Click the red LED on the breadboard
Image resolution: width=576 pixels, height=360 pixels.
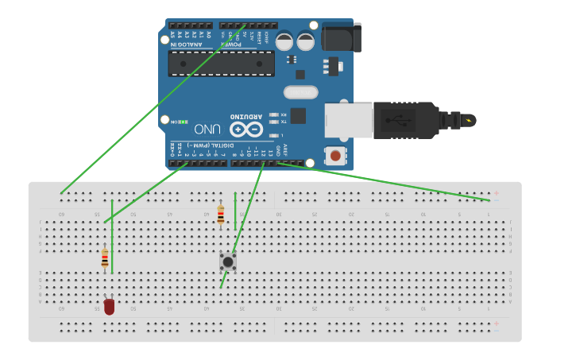109,306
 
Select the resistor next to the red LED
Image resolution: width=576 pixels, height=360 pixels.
105,258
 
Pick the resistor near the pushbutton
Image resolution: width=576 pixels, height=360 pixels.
220,214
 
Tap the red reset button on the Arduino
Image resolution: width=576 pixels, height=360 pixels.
336,156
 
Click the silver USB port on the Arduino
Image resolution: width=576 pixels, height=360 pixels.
348,119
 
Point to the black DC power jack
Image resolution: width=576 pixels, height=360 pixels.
340,37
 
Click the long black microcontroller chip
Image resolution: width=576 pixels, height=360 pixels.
222,64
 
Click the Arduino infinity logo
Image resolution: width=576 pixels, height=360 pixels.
246,129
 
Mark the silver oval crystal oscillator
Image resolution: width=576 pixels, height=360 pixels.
300,92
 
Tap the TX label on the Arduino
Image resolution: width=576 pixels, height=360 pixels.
284,122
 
